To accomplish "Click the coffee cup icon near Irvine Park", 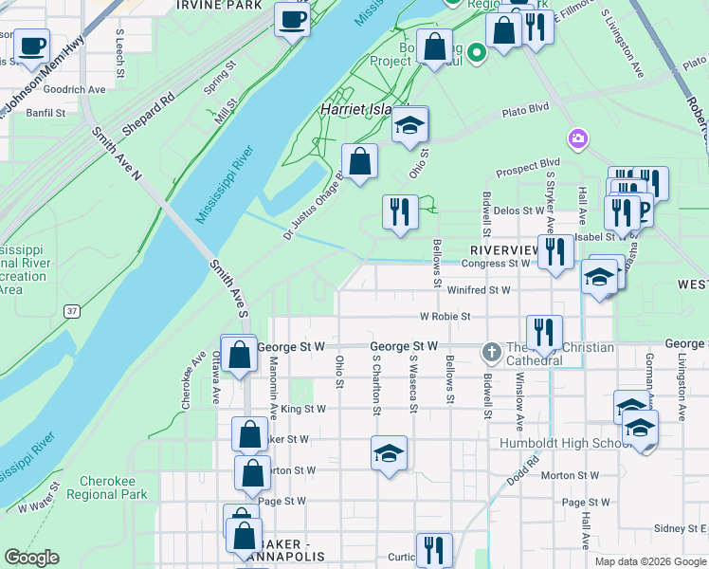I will click(x=292, y=19).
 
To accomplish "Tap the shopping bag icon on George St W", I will click(x=241, y=355).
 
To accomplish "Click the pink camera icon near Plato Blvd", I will click(x=577, y=140).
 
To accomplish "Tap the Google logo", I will click(x=31, y=558).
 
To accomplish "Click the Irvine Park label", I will click(x=218, y=6).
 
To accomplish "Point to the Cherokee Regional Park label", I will click(x=114, y=487).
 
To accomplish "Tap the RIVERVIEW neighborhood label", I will click(x=505, y=249).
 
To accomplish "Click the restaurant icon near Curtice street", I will click(x=434, y=549).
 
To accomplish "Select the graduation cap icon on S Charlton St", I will click(x=389, y=453).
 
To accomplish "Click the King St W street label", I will click(x=303, y=410).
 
